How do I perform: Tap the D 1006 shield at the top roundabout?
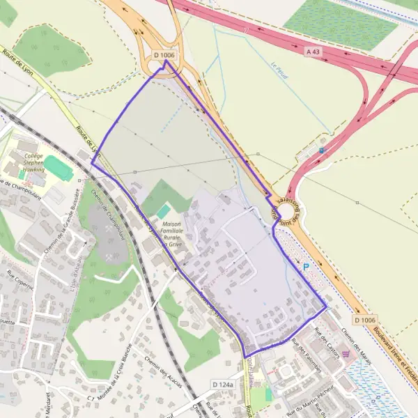tap(164, 54)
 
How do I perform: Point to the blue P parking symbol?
tap(305, 266)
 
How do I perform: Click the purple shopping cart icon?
tap(346, 354)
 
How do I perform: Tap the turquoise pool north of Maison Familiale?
tap(163, 211)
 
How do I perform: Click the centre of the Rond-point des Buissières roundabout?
tap(284, 211)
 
